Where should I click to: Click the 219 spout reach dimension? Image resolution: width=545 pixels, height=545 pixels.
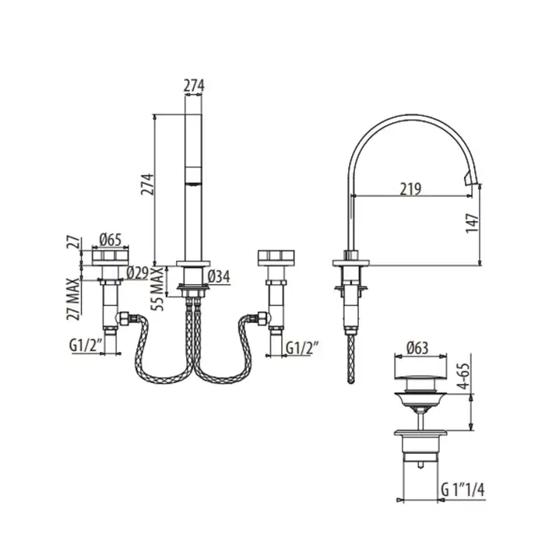(410, 189)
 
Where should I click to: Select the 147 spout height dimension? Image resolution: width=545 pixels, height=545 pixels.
(473, 223)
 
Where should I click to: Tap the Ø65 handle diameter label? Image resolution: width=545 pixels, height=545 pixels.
(111, 240)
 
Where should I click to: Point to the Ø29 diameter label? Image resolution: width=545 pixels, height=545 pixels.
(137, 272)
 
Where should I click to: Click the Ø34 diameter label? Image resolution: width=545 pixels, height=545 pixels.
(219, 276)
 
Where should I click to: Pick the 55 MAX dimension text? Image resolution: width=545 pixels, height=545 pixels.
(157, 289)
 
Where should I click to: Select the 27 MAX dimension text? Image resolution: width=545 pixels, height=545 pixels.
(73, 298)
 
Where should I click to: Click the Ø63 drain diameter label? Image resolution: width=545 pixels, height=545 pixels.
(417, 348)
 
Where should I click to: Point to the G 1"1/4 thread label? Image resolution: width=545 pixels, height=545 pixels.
(462, 490)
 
